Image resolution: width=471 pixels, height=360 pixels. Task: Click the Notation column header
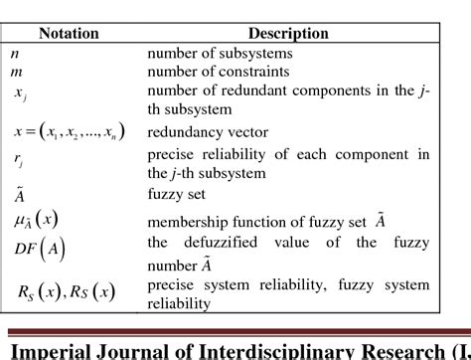pos(75,33)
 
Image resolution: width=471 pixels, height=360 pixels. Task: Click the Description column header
pos(288,33)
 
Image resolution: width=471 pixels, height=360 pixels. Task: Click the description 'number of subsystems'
pos(218,52)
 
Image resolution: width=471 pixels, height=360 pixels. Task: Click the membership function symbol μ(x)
pos(40,220)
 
